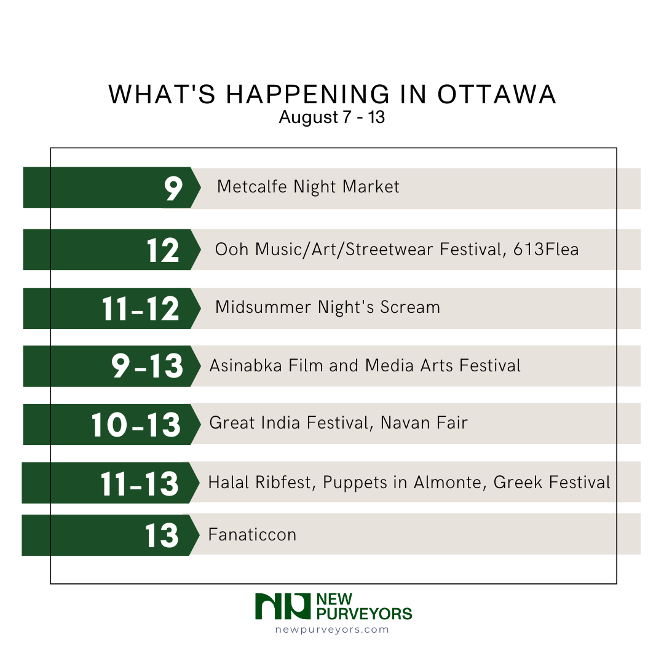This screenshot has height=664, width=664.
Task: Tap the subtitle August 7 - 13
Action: (332, 117)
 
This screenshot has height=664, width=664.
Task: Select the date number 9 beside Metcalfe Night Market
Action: (173, 188)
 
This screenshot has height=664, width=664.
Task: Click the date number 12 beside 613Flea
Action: (163, 250)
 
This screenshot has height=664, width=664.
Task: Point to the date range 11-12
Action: (141, 308)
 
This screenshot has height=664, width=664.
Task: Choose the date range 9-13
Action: (147, 366)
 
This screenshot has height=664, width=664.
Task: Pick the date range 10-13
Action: (136, 424)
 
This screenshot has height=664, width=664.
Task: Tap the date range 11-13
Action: (140, 483)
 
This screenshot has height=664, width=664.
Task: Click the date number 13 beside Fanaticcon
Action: (162, 535)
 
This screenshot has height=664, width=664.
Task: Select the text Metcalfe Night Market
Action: (308, 187)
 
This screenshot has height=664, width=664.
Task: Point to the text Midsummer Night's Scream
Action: (328, 307)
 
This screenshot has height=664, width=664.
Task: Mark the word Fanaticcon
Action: (252, 535)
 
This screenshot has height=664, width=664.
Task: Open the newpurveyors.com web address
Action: (332, 629)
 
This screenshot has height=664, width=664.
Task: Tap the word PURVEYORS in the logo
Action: (363, 613)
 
